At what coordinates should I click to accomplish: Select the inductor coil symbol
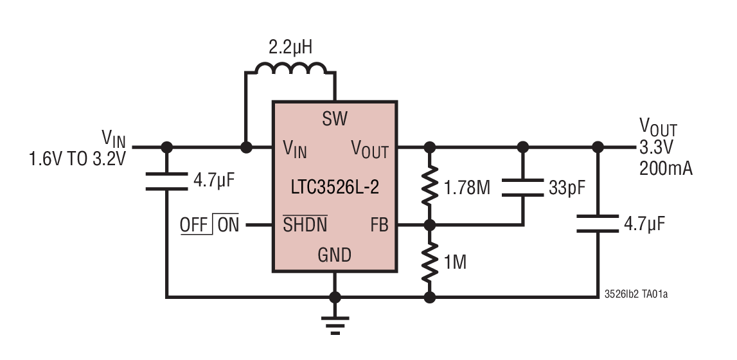[x=291, y=69]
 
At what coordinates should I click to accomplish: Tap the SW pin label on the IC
[x=334, y=118]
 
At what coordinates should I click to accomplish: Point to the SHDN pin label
[x=305, y=225]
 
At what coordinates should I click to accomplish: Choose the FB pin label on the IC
[x=380, y=225]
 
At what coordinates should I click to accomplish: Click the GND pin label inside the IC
[x=334, y=255]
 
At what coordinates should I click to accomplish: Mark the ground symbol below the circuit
[x=334, y=325]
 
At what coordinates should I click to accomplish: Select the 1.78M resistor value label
[x=467, y=188]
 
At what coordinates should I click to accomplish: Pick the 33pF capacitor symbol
[x=522, y=187]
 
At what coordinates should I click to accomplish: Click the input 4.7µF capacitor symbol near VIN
[x=166, y=181]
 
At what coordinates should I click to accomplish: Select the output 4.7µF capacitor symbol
[x=598, y=224]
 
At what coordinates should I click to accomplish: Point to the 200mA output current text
[x=666, y=168]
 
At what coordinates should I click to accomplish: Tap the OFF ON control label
[x=209, y=225]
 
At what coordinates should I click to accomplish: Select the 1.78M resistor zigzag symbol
[x=430, y=187]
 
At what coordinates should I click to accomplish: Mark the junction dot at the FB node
[x=430, y=225]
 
